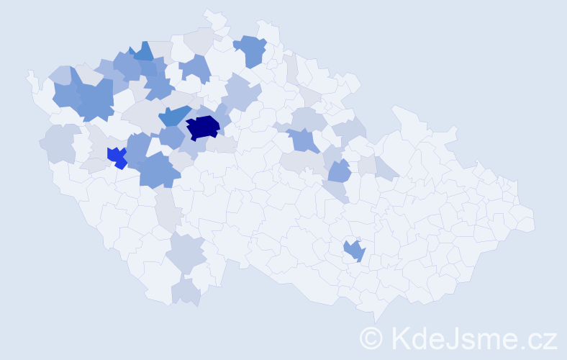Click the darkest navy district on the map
click(203, 127)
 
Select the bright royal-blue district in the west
click(116, 156)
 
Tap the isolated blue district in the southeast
click(355, 250)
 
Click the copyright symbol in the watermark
click(371, 338)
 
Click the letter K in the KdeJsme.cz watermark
click(400, 338)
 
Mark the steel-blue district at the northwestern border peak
click(142, 52)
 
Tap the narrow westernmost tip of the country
click(30, 74)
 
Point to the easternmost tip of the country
click(533, 220)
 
